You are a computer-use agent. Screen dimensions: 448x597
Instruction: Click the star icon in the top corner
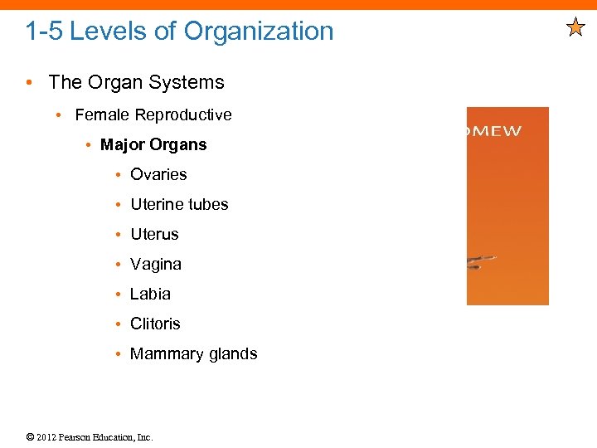(576, 29)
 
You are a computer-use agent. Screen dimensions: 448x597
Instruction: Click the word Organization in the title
(259, 32)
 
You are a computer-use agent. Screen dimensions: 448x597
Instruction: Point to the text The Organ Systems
(136, 82)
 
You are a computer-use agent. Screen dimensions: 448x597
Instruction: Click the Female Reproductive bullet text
(153, 114)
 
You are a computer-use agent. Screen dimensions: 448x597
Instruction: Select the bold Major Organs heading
(153, 144)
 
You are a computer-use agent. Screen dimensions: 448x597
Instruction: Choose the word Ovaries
(158, 174)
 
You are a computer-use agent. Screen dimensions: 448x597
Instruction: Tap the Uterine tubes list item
(179, 204)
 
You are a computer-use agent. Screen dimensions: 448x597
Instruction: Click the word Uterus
(154, 234)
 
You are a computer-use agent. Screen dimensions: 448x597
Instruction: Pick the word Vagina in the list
(156, 264)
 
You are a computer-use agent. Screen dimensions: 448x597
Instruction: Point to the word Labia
(150, 294)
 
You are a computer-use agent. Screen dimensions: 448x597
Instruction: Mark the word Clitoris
(155, 324)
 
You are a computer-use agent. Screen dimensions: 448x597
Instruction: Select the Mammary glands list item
(194, 353)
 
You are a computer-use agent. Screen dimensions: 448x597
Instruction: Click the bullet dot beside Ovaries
(120, 175)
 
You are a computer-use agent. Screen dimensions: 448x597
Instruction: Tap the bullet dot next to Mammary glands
(120, 354)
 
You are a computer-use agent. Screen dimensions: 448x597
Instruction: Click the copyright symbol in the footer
(29, 437)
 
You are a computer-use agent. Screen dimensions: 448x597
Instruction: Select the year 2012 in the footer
(47, 437)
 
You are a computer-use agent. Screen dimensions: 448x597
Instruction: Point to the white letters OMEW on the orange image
(495, 131)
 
